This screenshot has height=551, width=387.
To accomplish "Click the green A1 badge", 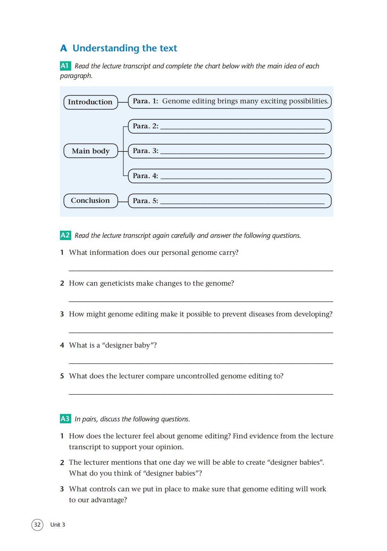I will point(65,66).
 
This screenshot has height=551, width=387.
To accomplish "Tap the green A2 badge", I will point(65,235).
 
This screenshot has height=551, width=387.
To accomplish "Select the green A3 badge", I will point(65,418).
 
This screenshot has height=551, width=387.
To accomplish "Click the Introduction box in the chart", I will point(90,102).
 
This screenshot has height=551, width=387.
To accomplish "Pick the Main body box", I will point(91,151).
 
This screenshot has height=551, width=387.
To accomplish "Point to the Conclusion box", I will point(90,201).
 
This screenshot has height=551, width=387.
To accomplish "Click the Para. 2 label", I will point(146,126).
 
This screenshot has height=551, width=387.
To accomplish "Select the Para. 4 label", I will point(146,176).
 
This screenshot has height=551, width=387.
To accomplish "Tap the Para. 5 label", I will point(146,201).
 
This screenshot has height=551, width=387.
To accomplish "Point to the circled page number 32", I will point(37,524).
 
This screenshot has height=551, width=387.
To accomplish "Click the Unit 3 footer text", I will point(58,525).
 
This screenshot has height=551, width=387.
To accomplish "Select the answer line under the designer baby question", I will point(201,363).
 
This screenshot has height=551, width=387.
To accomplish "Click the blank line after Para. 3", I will point(242,153).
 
